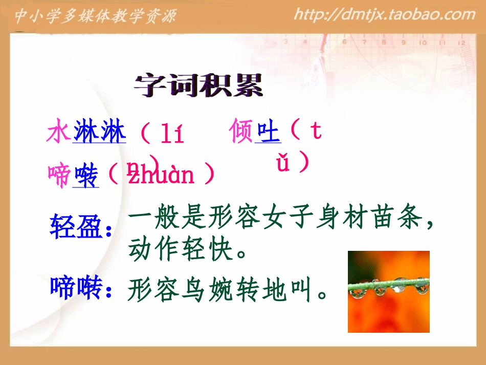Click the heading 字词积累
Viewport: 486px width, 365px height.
click(x=199, y=86)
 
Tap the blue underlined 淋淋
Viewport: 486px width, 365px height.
click(x=99, y=133)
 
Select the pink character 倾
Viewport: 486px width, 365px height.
click(x=242, y=132)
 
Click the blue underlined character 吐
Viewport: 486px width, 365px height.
click(x=268, y=132)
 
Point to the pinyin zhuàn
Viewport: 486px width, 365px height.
click(x=161, y=175)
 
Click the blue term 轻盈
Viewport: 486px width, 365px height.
click(x=76, y=227)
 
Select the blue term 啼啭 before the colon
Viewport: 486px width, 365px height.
click(x=76, y=288)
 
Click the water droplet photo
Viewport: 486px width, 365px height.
click(x=388, y=291)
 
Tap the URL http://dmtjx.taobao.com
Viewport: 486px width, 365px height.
click(x=385, y=14)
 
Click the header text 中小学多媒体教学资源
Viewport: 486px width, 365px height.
click(x=95, y=16)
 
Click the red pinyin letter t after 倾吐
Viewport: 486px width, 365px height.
click(x=316, y=131)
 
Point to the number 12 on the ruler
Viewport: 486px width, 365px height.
click(x=461, y=43)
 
